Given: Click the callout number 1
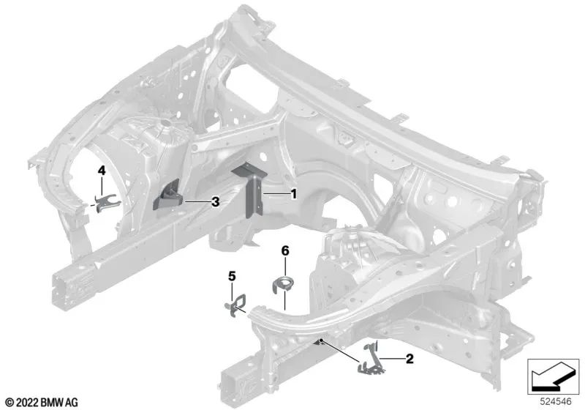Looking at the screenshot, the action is coord(294,194).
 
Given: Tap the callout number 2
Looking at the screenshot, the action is coord(409,359).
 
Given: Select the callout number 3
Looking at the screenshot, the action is coord(215,202).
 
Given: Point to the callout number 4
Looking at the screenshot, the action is coord(102,171).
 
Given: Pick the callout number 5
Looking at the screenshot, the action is coord(232,276).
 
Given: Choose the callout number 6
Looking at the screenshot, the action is coord(285,250).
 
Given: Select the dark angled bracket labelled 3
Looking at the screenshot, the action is coord(167,196).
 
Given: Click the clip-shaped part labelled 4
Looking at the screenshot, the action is coord(106,204).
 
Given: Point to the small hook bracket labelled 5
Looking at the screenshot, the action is coord(236,305).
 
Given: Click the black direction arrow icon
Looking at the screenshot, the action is coord(553,376).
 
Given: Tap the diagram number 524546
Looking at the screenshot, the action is coord(556,401).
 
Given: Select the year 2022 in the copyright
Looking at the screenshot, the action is coord(27,403).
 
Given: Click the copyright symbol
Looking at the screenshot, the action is coord(10,403).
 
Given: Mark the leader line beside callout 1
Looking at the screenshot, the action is coord(276,194).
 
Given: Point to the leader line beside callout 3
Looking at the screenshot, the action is coord(197,202).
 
